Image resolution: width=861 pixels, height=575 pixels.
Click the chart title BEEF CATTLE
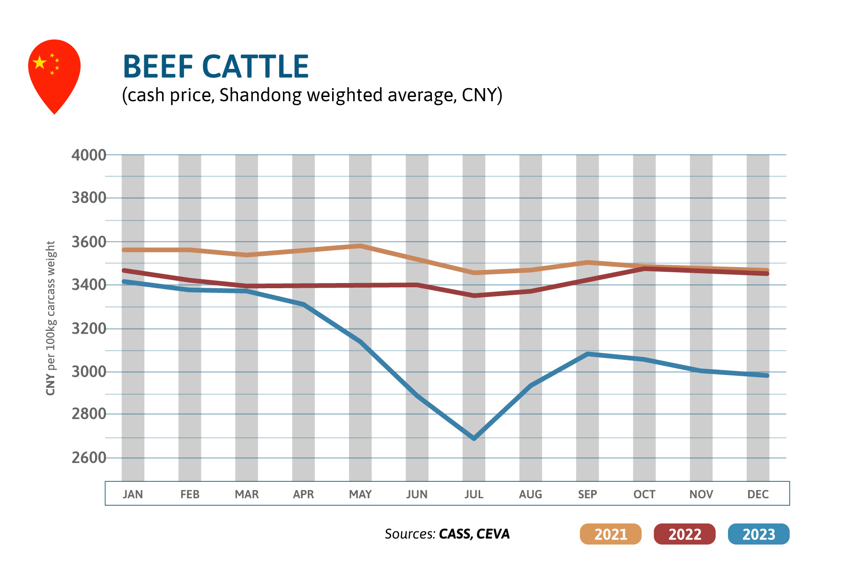click(x=215, y=67)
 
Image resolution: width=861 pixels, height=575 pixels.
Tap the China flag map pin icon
click(x=54, y=70)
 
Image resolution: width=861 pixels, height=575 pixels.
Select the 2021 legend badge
click(x=610, y=534)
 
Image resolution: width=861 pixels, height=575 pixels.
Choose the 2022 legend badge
click(x=684, y=534)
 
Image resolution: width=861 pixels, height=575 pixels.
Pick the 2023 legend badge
click(x=758, y=534)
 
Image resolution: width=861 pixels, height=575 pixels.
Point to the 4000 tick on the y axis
click(x=89, y=155)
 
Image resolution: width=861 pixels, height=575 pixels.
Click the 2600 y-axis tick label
click(x=89, y=458)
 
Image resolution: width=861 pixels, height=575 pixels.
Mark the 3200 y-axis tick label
click(x=89, y=329)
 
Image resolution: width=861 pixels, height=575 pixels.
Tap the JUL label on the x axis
click(x=474, y=494)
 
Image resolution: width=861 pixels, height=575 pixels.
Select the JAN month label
click(x=133, y=494)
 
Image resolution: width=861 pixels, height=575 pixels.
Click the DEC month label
click(x=758, y=494)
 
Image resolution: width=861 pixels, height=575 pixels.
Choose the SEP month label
click(x=587, y=494)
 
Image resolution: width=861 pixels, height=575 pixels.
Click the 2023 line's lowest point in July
click(x=474, y=438)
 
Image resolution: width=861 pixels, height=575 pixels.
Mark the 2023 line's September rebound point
click(x=587, y=354)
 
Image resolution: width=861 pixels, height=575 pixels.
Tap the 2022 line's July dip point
click(x=474, y=295)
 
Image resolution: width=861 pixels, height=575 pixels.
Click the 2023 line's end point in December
click(x=766, y=375)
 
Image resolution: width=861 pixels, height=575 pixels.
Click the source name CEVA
click(x=493, y=534)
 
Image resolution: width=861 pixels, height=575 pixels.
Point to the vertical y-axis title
click(x=51, y=318)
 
